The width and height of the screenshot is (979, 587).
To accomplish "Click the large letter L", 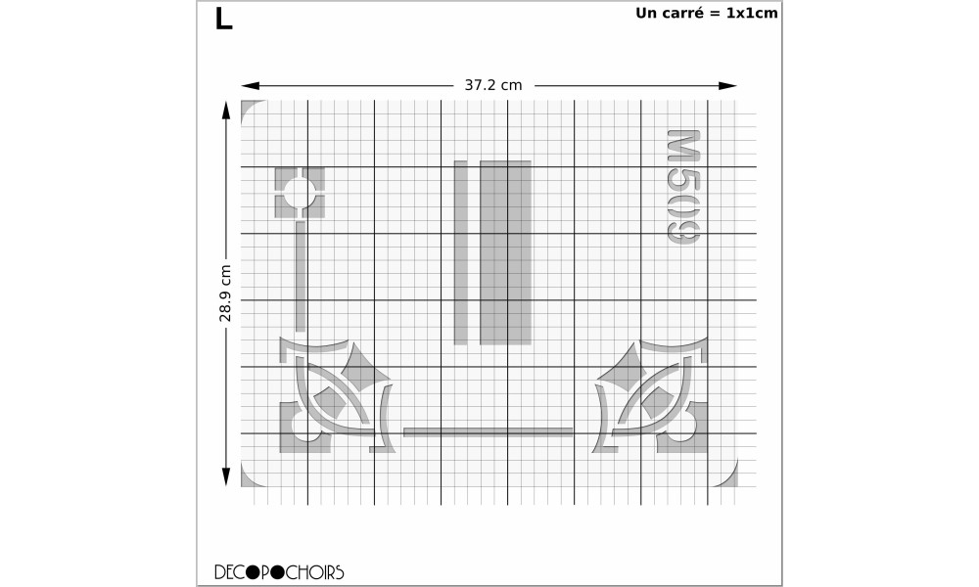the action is coord(223,19).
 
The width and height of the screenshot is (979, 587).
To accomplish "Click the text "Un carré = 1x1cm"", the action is coord(707,13).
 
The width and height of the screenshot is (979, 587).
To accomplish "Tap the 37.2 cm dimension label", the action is coord(493,85).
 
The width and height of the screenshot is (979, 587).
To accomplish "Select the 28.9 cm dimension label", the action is coord(225,293).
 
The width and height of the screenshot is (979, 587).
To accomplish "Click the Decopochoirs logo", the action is coord(279,572).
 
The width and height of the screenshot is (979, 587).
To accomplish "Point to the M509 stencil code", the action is coord(683,188).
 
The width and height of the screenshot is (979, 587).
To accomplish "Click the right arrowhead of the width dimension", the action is coord(728,85).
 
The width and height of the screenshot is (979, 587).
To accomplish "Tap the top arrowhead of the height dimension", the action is coord(226,110).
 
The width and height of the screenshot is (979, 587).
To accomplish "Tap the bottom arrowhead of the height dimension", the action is coord(226,477).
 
